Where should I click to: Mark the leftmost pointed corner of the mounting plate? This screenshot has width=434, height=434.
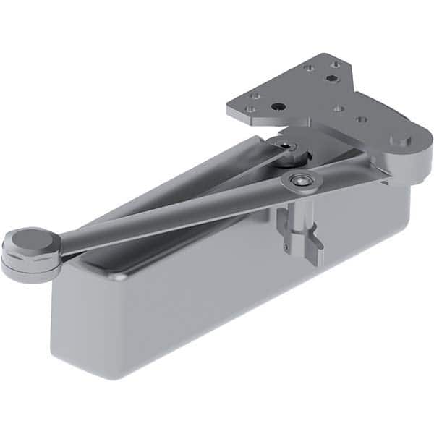pos(228,112)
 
